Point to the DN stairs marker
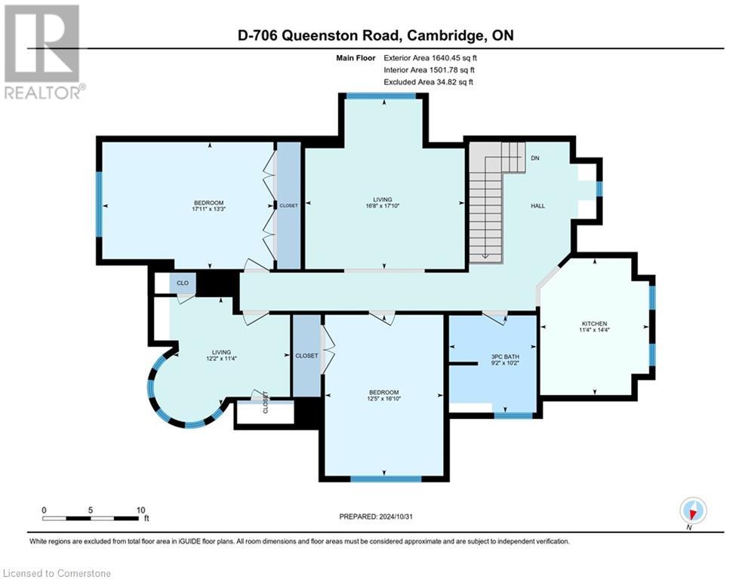[x=535, y=158]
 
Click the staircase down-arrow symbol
[x=485, y=256]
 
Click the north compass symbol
[x=692, y=511]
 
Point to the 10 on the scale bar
[x=140, y=510]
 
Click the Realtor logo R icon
[x=42, y=43]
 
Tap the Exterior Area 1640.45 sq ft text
[x=429, y=57]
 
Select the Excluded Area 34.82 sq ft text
[x=428, y=81]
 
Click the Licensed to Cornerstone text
[x=57, y=573]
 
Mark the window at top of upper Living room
[x=381, y=96]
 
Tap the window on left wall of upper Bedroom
[x=99, y=204]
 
